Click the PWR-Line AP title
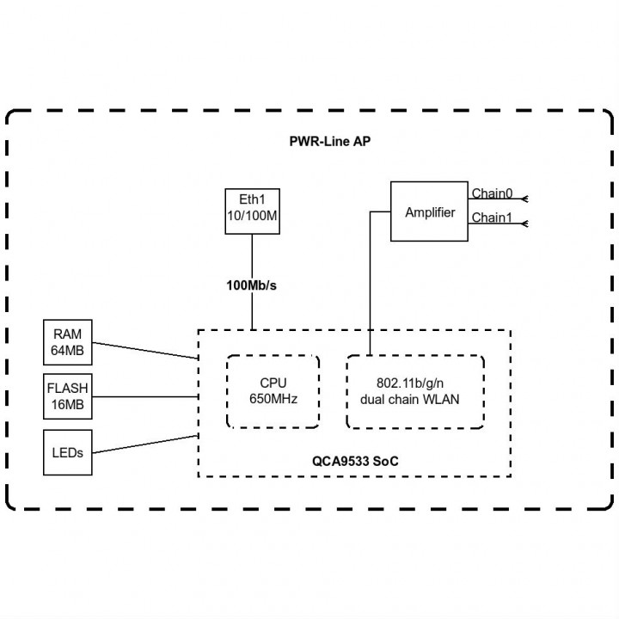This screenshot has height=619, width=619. [330, 141]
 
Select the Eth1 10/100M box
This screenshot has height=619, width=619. [252, 211]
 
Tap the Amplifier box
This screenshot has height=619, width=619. [429, 211]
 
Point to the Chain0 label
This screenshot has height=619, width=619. [492, 193]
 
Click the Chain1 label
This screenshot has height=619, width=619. [492, 218]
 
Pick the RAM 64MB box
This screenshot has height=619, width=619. [68, 342]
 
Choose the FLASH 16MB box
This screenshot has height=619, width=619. [68, 396]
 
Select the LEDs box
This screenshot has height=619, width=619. [68, 452]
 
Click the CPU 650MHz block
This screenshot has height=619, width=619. [273, 391]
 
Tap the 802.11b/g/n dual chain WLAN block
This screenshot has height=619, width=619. [415, 391]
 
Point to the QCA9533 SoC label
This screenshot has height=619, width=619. [355, 461]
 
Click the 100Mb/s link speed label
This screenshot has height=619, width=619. [251, 285]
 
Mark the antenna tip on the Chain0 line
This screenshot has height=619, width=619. [527, 199]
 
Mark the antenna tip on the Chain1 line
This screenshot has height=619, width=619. [527, 224]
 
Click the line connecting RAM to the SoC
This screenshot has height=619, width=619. [145, 351]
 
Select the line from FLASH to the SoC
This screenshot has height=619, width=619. [145, 396]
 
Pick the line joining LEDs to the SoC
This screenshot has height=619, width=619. [145, 444]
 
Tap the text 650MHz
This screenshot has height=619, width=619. [273, 399]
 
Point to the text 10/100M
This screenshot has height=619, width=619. [252, 216]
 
